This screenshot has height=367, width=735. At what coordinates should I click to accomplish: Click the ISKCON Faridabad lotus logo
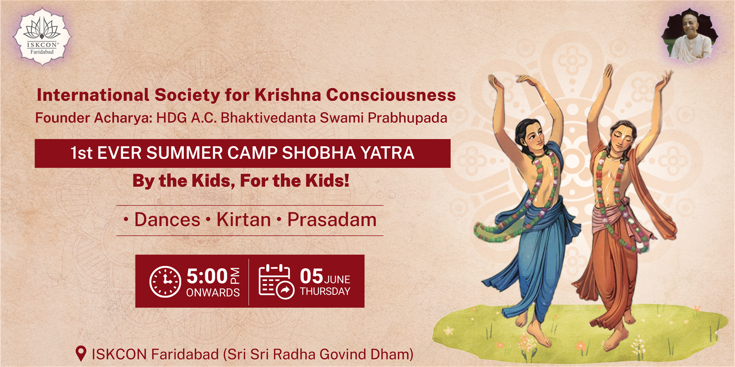[x=42, y=37]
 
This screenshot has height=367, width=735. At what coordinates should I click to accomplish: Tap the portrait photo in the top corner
[x=690, y=36]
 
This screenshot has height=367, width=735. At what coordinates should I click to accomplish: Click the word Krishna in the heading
[x=288, y=95]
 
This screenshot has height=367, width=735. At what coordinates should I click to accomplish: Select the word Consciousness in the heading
[x=391, y=95]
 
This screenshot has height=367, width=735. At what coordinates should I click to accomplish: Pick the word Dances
[x=167, y=220]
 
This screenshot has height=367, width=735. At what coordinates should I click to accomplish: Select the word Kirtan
[x=243, y=220]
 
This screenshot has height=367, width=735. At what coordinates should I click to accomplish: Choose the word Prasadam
[x=332, y=220]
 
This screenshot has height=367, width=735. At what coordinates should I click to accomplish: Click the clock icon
[x=165, y=282]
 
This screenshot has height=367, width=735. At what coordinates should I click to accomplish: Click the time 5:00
[x=207, y=276]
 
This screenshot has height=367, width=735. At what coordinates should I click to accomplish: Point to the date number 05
[x=311, y=276]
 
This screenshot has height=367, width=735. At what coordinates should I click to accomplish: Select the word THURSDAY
[x=325, y=291]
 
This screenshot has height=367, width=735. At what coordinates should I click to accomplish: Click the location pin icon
[x=81, y=354]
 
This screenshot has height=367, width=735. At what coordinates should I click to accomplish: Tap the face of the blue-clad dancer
[x=534, y=137]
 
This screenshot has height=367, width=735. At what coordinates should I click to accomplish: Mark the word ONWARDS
[x=213, y=292]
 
